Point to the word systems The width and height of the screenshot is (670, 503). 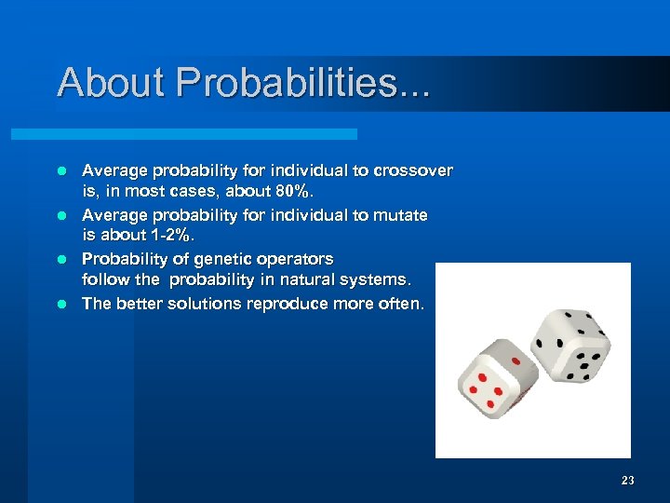coord(378,280)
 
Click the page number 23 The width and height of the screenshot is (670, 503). coord(627,481)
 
